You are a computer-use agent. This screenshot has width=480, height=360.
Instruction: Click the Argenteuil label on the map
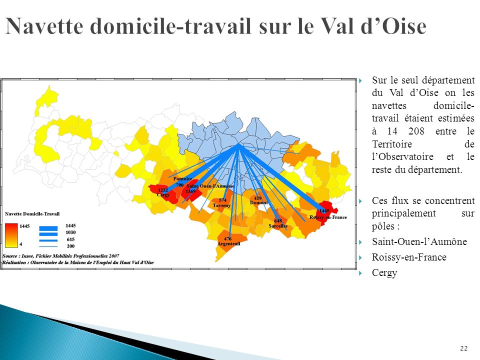[228, 243]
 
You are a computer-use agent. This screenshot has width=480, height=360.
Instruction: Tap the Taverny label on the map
[221, 205]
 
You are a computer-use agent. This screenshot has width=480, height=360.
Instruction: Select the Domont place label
[258, 203]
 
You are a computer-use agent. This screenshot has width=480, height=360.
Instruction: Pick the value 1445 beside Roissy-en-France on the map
[324, 211]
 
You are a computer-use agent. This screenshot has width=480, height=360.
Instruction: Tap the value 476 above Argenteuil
[227, 238]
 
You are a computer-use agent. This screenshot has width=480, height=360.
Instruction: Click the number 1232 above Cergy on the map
[163, 190]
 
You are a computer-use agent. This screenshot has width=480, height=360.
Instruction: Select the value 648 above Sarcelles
[278, 220]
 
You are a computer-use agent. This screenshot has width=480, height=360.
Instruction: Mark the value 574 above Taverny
[222, 200]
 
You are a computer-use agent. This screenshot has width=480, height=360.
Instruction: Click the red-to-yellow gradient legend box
[11, 235]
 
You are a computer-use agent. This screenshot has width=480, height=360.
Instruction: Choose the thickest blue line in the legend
[48, 227]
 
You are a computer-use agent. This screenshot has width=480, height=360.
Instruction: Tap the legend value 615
[70, 239]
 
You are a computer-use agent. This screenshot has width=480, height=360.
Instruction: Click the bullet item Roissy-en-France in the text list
[409, 257]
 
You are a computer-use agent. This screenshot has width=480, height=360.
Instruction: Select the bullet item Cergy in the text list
[384, 272]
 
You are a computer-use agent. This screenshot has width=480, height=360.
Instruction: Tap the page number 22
[463, 348]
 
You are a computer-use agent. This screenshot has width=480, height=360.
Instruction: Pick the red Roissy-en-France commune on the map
[327, 207]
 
